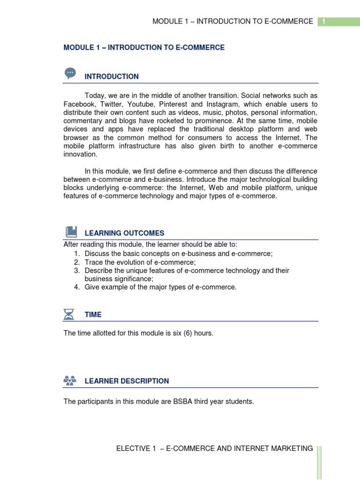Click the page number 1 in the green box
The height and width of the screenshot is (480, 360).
pyautogui.click(x=323, y=22)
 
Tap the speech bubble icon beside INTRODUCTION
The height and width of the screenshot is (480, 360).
pyautogui.click(x=70, y=73)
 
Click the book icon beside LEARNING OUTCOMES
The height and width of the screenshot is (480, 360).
pyautogui.click(x=71, y=232)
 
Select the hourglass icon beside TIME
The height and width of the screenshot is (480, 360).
pyautogui.click(x=69, y=314)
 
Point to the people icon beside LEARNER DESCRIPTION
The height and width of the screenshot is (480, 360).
pyautogui.click(x=69, y=380)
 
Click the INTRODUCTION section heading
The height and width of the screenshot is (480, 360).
pyautogui.click(x=112, y=77)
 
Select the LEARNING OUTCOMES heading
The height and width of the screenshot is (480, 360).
pyautogui.click(x=124, y=233)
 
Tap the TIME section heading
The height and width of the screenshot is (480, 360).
pyautogui.click(x=93, y=315)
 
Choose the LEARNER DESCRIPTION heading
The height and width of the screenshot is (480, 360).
pyautogui.click(x=127, y=381)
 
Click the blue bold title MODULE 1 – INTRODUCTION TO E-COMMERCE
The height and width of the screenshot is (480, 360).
pyautogui.click(x=144, y=48)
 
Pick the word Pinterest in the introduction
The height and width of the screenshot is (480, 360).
pyautogui.click(x=173, y=105)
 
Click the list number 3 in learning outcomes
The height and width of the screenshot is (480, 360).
pyautogui.click(x=76, y=271)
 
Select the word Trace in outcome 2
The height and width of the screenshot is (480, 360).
pyautogui.click(x=93, y=262)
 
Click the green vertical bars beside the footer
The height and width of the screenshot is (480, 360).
pyautogui.click(x=319, y=462)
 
